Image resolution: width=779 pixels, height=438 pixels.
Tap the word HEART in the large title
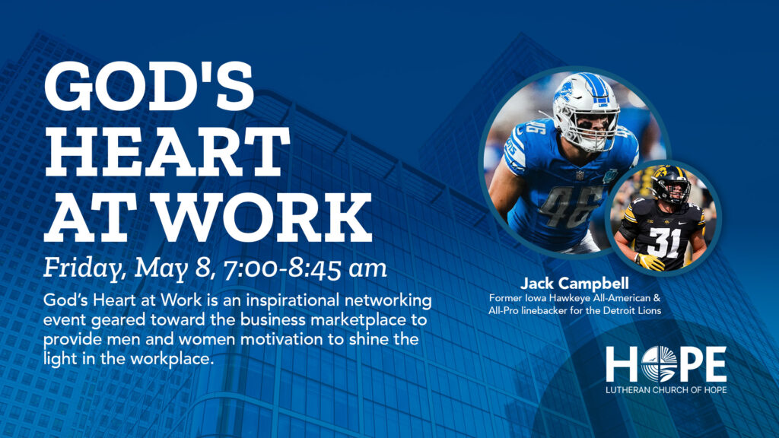167,151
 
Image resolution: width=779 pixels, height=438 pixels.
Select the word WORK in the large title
265,217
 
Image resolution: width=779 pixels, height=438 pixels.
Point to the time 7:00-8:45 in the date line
283,268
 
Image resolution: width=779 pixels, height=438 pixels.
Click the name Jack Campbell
574,284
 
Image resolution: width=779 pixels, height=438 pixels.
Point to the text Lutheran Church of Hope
666,390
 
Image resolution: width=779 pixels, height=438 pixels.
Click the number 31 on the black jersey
665,242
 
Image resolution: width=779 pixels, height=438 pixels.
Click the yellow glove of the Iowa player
650,262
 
